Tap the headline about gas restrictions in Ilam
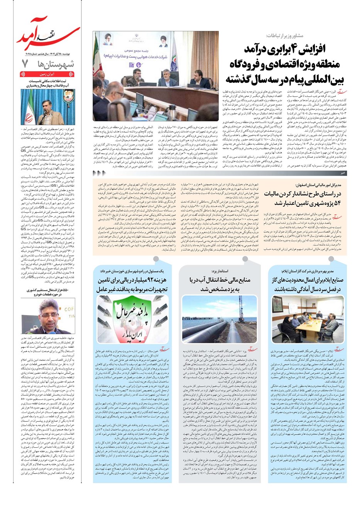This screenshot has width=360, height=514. [308, 284]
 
